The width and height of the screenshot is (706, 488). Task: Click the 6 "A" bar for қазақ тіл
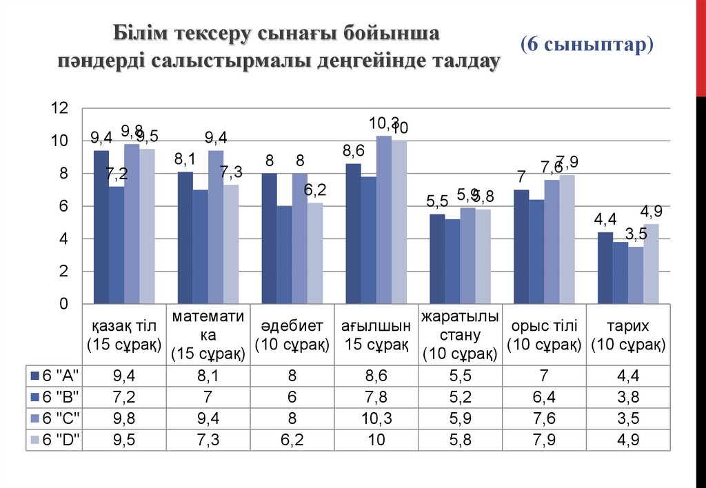click(x=101, y=227)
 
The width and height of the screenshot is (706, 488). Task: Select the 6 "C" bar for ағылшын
click(x=384, y=221)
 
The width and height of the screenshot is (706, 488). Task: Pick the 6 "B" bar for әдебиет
click(x=285, y=255)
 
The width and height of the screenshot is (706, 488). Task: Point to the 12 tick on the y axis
click(x=60, y=108)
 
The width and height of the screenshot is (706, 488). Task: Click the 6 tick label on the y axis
click(x=64, y=206)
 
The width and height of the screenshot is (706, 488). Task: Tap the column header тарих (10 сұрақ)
click(x=628, y=335)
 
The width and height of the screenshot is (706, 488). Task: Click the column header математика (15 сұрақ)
click(x=208, y=335)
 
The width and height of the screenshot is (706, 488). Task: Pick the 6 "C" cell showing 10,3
click(x=376, y=418)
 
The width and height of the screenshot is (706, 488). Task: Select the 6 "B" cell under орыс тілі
click(x=544, y=396)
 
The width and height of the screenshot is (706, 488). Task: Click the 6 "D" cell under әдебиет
click(x=292, y=440)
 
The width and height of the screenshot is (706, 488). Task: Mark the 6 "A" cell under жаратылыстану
click(x=460, y=375)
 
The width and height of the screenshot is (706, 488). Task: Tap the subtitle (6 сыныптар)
click(x=587, y=44)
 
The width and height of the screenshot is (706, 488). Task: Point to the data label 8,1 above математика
click(x=185, y=159)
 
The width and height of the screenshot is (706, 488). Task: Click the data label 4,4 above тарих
click(x=605, y=220)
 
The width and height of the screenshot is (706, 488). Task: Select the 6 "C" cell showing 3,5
click(x=628, y=418)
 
